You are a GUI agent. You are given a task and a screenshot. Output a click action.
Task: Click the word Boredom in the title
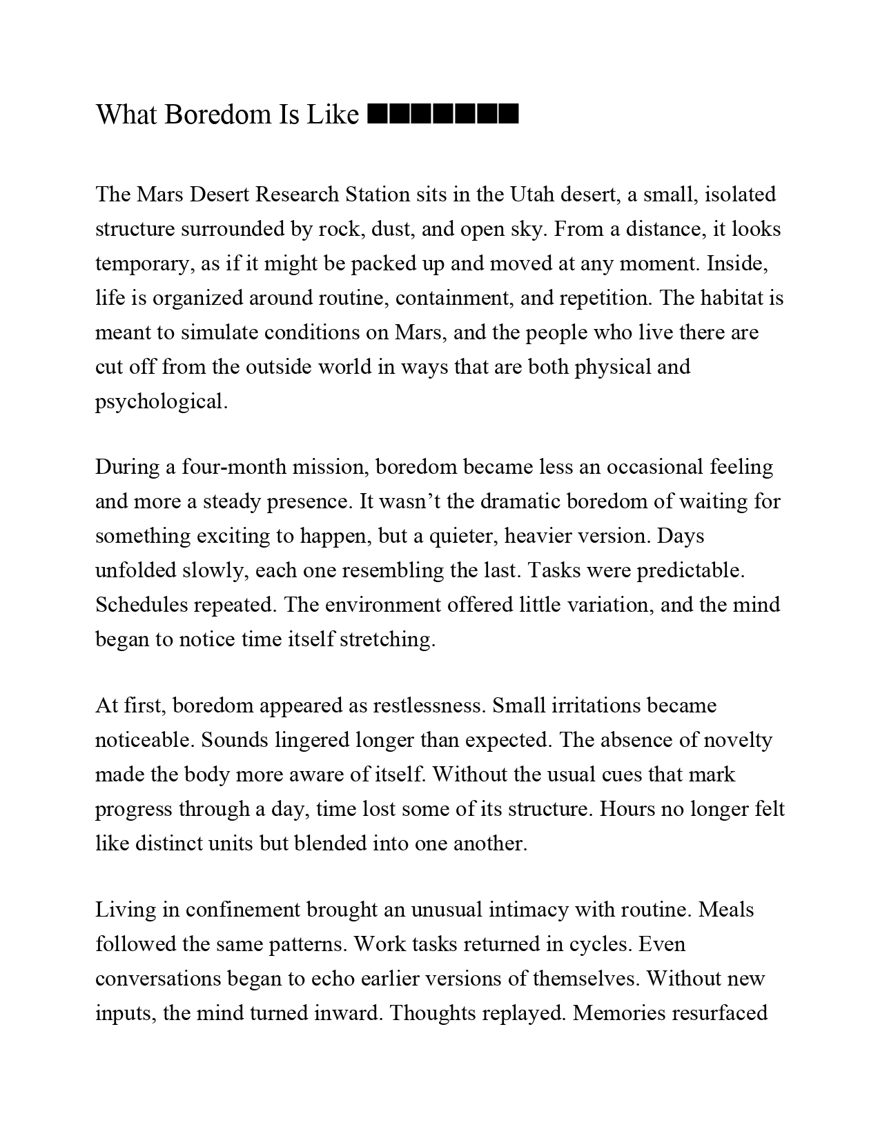point(217,114)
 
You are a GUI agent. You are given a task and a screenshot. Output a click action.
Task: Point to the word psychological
point(161,401)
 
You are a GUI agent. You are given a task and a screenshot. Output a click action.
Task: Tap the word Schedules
point(141,605)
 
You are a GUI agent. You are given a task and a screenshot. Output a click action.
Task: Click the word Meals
point(726,910)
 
